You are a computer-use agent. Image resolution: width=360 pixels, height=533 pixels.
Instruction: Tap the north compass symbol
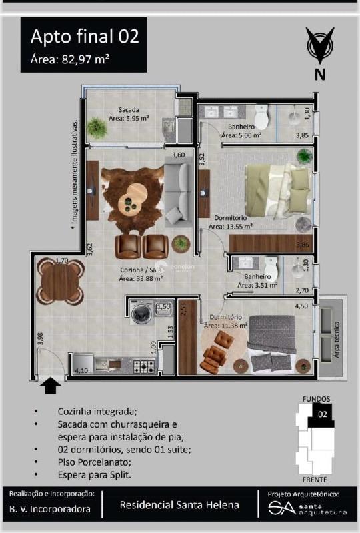tap(320, 48)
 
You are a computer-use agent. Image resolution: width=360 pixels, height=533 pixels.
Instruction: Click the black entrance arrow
tap(51, 386)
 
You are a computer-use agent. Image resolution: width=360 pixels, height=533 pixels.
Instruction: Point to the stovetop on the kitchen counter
tap(145, 366)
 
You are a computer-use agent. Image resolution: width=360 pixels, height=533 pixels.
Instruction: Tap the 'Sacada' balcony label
tap(128, 110)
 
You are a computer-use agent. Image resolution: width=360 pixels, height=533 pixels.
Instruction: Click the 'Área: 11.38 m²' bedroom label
tap(225, 326)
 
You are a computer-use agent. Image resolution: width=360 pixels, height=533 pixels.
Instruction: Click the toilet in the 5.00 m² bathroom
tap(261, 119)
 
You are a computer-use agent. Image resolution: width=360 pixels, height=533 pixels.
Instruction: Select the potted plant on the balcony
tap(98, 128)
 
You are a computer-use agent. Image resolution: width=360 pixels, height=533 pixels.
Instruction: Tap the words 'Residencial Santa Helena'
tap(179, 505)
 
